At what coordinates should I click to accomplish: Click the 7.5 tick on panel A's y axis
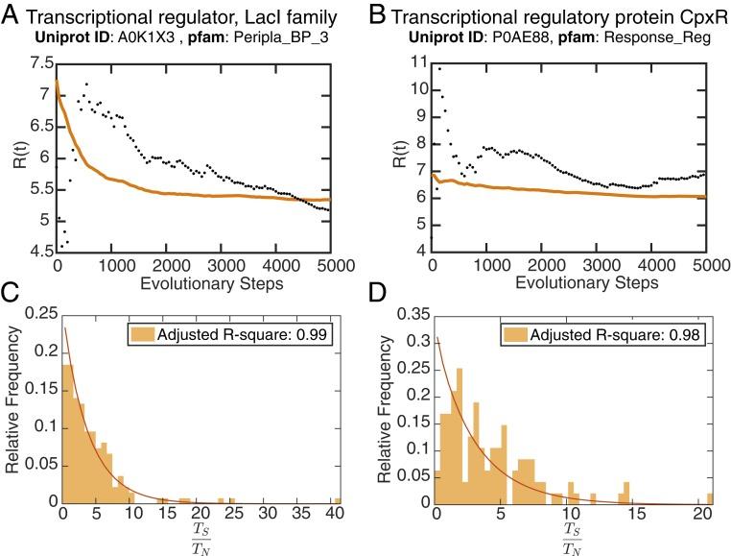coord(38,64)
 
